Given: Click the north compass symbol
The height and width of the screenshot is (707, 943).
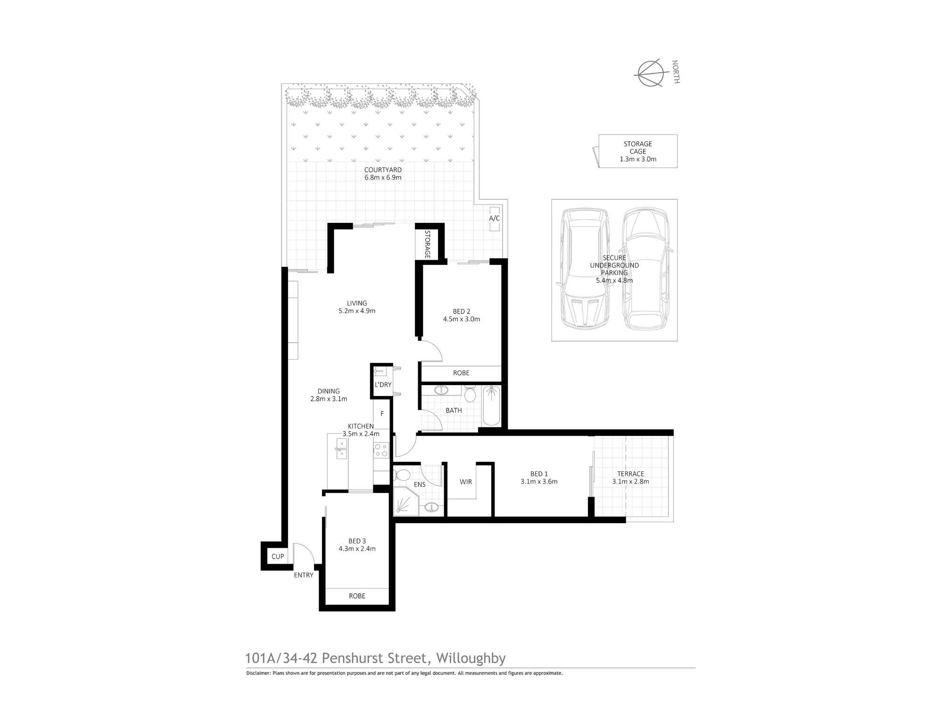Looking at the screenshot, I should coord(651,74).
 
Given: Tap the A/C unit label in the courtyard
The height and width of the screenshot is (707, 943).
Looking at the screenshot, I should coord(494,218).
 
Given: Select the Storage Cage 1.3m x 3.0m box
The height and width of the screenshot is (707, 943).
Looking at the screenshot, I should coord(637,151).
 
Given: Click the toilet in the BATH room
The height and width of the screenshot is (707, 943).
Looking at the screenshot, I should coord(470,393).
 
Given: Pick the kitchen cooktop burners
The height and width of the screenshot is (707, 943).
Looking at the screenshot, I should coord(381,450).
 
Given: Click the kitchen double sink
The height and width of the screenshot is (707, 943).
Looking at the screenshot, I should coord(340,448).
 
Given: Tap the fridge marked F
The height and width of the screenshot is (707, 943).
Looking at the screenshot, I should coord(382,414).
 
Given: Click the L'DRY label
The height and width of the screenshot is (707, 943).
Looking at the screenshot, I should coord(383,385).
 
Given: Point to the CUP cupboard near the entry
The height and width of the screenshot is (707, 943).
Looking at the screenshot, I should coord(278,557).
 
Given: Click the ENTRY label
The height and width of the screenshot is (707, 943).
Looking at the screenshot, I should coord(304,575).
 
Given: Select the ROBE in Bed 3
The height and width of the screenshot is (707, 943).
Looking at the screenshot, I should coord(357,596).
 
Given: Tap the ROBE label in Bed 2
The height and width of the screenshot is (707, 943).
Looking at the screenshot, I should coord(461,373).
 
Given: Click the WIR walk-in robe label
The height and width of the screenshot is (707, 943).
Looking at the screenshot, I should coord(465,482).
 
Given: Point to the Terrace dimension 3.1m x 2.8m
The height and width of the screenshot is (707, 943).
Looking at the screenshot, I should coord(630,482).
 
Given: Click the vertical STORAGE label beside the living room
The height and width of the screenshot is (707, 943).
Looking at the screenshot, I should coord(427,244).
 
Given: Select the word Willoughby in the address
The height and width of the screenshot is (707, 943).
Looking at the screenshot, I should coord(471,658).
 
